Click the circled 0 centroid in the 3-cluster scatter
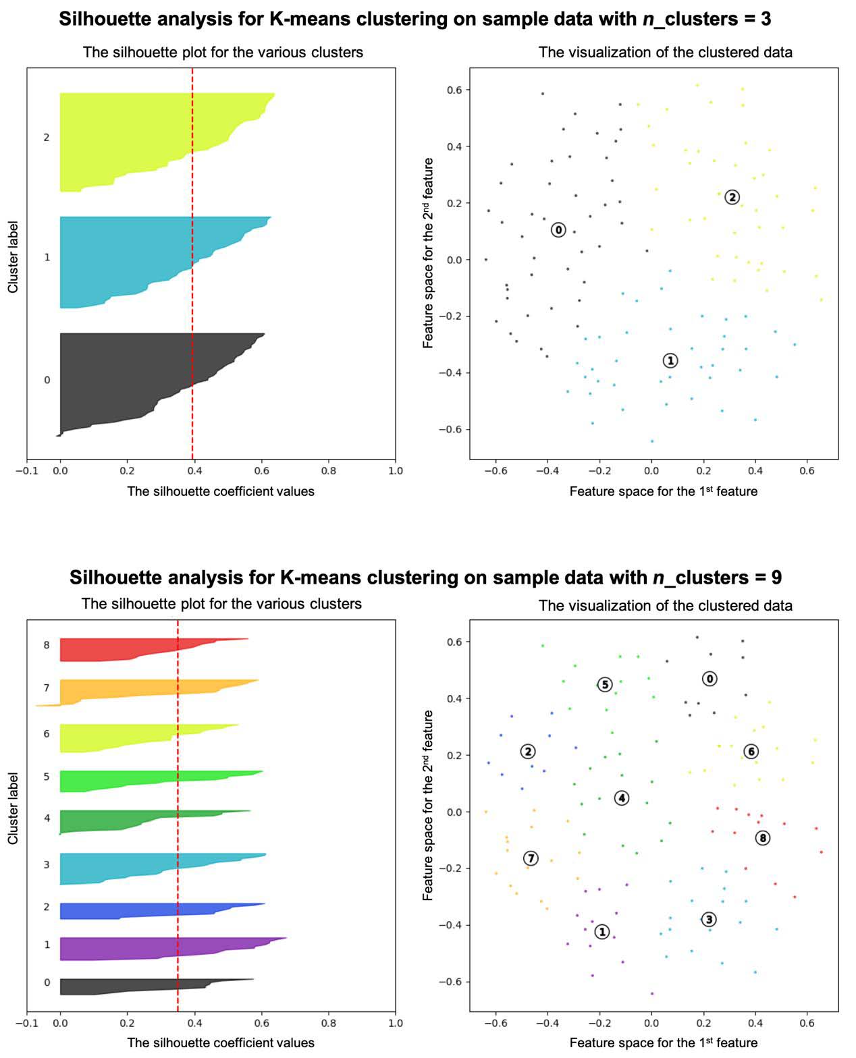pos(558,230)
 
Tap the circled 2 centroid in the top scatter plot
pos(732,197)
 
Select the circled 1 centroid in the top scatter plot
pos(670,360)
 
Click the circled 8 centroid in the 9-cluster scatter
pos(763,838)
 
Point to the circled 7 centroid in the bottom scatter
pos(531,858)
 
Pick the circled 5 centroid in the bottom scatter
pos(605,685)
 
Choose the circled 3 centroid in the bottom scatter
pos(708,919)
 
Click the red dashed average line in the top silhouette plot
pos(192,270)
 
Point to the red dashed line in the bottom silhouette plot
pos(178,810)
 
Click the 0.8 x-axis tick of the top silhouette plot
pos(329,471)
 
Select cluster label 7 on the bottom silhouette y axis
pos(47,688)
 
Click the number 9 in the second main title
pos(776,578)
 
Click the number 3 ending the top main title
pos(766,19)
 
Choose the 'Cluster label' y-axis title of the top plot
pos(13,257)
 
